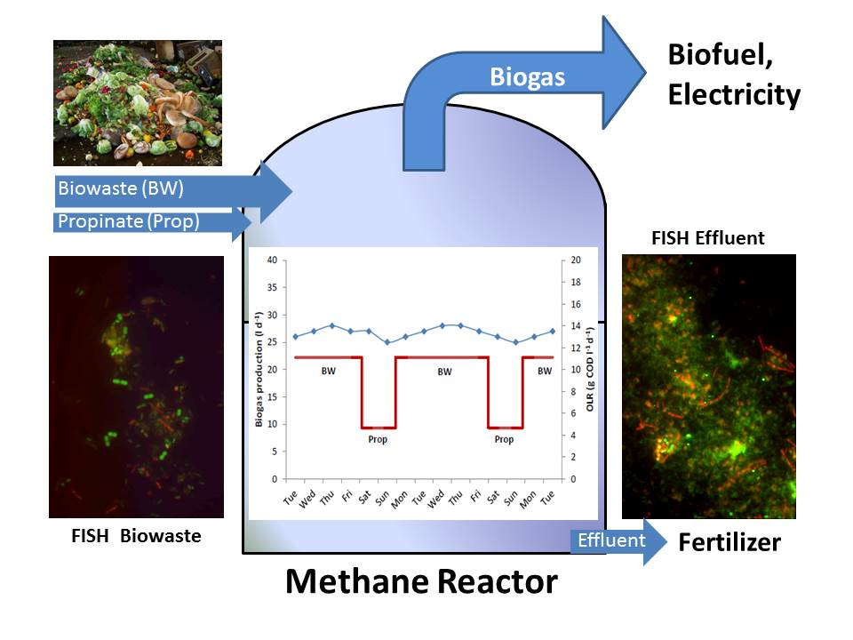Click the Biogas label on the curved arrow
point(527,77)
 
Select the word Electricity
point(734,95)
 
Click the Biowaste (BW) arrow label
point(121,188)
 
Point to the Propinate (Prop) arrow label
point(128,221)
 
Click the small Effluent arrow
point(618,541)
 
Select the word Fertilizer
point(729,542)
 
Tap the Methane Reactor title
point(421,581)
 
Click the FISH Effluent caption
point(708,238)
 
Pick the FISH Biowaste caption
point(136,536)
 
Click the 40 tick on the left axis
point(272,260)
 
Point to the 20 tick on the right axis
point(576,260)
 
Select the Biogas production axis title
point(259,370)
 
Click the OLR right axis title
point(590,368)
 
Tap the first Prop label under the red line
point(378,439)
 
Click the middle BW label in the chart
point(444,372)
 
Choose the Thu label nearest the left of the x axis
point(326,498)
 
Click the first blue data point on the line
point(295,337)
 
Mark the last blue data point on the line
point(553,331)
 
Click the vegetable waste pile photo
point(138,103)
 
